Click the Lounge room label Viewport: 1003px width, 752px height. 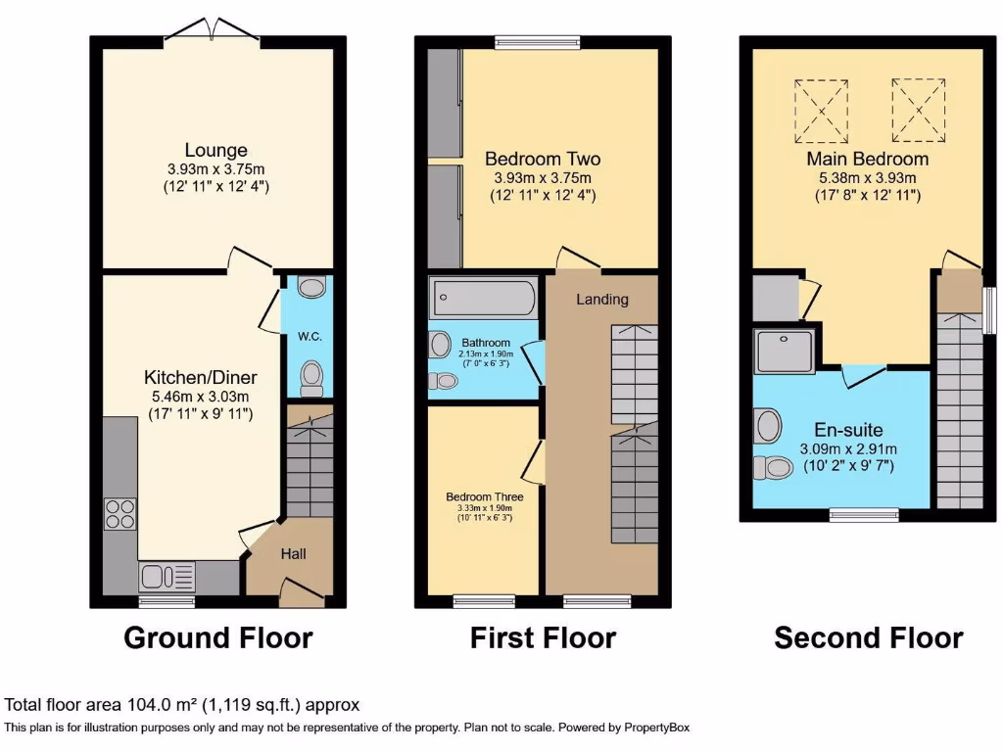click(216, 151)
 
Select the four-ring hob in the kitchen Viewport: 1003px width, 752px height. click(119, 514)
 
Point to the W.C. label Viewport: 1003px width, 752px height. click(310, 337)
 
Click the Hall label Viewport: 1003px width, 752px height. click(294, 554)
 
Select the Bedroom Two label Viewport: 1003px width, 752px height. click(543, 159)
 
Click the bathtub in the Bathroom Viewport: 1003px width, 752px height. click(483, 295)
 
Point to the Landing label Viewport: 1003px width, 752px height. click(601, 299)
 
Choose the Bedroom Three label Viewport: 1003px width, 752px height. click(484, 496)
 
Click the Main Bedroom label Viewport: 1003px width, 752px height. click(867, 159)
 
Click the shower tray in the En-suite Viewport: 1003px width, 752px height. click(783, 351)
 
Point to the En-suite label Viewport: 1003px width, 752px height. click(848, 429)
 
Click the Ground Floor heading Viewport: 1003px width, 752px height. click(217, 638)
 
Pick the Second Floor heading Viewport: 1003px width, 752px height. click(868, 638)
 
